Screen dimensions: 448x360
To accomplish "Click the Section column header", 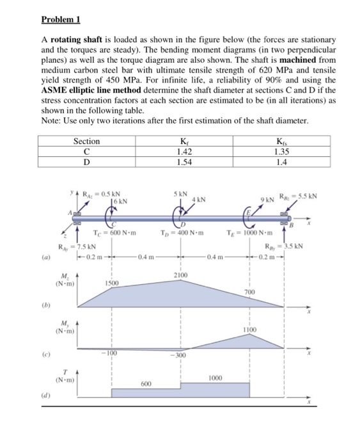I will (86, 141).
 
